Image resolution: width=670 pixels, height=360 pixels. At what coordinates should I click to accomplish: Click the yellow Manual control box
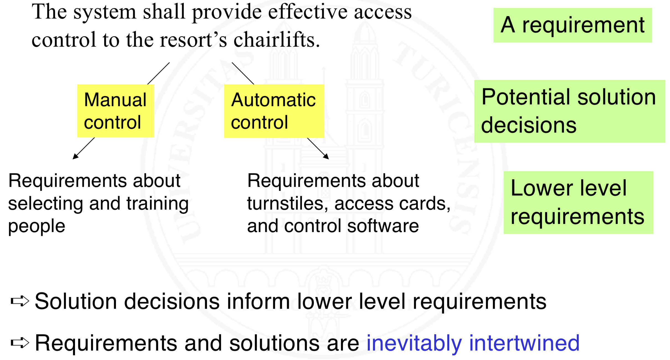tap(115, 111)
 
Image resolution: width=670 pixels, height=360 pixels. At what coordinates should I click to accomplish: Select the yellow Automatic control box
tap(274, 111)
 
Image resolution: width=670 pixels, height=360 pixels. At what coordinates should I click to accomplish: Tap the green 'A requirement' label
tap(572, 25)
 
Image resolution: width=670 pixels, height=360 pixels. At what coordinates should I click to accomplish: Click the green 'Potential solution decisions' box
tap(569, 111)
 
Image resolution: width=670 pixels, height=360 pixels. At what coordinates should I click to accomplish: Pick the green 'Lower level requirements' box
tap(578, 202)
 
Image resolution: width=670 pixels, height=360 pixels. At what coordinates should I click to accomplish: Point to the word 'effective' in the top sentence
tap(307, 12)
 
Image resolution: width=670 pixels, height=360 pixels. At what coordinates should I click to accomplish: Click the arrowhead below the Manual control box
tap(75, 156)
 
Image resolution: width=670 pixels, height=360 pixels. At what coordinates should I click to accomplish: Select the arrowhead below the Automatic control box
tap(327, 156)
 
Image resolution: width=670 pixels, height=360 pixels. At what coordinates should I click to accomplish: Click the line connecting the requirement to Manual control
tap(158, 73)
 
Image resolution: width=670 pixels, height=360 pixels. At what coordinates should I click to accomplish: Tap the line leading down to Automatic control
tap(243, 73)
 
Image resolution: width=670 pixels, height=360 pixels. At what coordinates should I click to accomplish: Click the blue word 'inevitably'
tap(414, 343)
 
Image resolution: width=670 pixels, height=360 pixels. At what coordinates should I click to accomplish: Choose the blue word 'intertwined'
tap(524, 343)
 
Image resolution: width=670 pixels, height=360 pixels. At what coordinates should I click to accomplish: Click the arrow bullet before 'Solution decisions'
tap(20, 301)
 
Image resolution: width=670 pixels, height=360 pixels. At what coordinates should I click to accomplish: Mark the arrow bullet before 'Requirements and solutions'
tap(20, 343)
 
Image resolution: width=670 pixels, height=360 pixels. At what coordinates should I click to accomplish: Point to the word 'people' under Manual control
tap(37, 227)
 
